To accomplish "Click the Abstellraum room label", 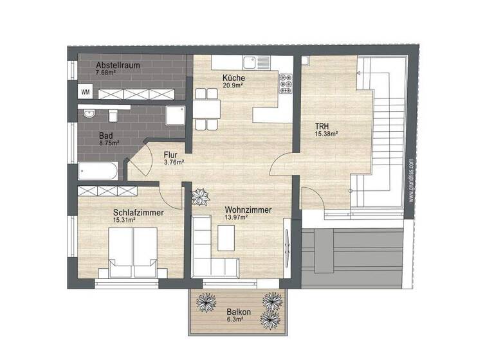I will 118,66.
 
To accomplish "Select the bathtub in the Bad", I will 98,172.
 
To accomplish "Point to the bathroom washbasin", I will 89,114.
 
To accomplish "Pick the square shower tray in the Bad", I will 175,116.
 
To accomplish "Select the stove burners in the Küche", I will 285,82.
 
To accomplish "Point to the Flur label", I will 170,155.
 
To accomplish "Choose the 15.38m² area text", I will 327,134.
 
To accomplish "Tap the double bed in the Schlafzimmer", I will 133,251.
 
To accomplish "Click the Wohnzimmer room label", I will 248,210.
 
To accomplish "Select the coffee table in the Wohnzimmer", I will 226,239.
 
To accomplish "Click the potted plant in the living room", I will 200,196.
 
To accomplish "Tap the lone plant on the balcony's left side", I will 206,301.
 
